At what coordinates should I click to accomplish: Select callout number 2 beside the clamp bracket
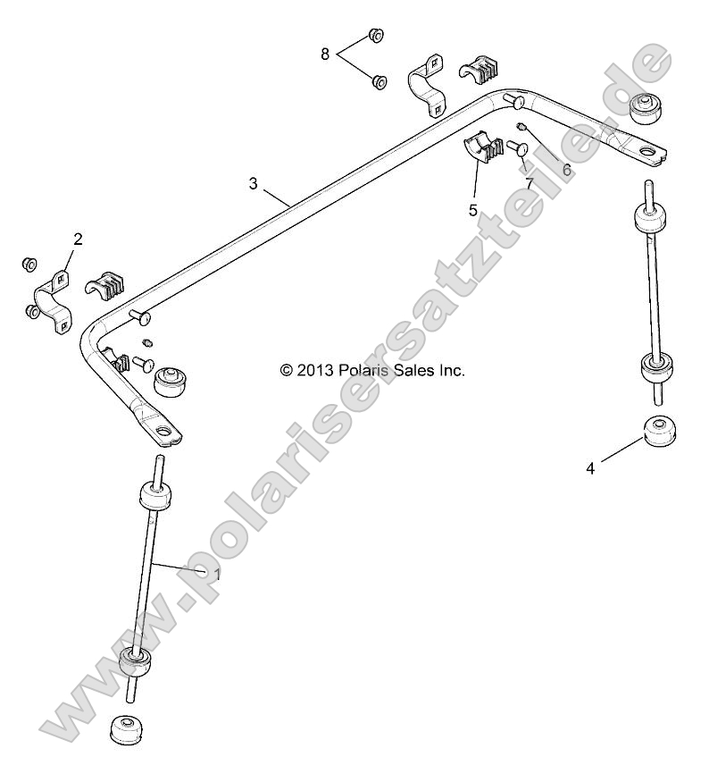(78, 239)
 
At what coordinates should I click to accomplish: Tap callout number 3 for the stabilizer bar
(253, 183)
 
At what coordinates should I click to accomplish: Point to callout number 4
(590, 467)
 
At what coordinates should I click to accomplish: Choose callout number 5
(472, 210)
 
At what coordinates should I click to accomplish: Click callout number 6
(565, 168)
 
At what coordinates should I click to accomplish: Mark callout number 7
(529, 183)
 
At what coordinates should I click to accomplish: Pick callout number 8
(325, 55)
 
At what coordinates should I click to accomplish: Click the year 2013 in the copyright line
(339, 369)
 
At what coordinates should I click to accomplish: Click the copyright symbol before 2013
(311, 370)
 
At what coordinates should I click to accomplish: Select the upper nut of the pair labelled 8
(376, 36)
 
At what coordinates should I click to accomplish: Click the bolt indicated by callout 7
(517, 149)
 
